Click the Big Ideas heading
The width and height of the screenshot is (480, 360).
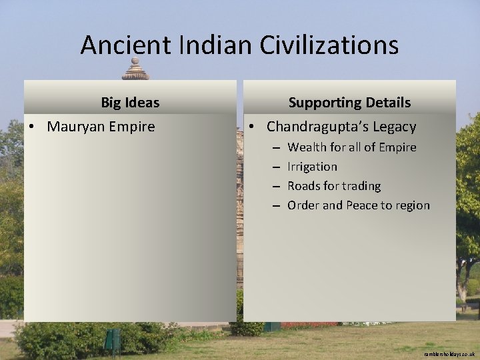130,103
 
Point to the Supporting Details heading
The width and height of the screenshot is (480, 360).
349,103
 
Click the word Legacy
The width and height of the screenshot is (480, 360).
395,127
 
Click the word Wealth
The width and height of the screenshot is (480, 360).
307,147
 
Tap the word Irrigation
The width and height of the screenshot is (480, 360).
312,167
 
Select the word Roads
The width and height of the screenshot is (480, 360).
305,186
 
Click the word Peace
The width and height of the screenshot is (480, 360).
361,205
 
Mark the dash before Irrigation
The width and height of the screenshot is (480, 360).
275,167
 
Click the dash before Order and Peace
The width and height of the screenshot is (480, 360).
275,205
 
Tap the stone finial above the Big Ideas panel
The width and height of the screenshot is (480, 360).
135,69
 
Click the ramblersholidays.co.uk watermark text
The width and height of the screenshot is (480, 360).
449,354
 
